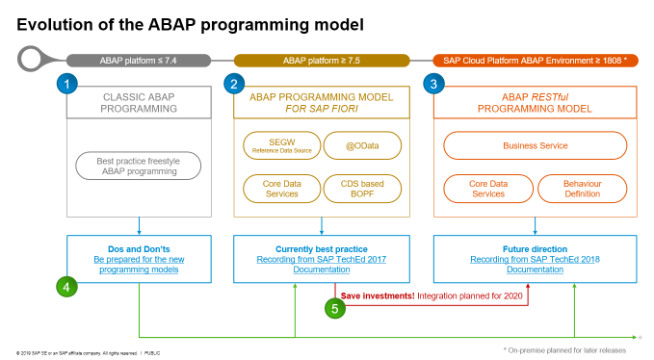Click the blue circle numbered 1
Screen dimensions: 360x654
coord(67,85)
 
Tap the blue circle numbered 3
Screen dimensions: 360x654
coord(434,85)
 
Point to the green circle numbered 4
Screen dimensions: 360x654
coord(66,286)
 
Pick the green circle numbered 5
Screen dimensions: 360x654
coord(333,309)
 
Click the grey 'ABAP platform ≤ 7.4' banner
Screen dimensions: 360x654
coord(139,60)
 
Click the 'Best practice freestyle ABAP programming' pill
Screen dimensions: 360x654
coord(139,167)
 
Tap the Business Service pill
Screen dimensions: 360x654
coord(535,146)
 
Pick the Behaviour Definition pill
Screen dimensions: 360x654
coord(582,188)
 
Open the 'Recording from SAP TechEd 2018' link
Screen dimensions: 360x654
coord(535,260)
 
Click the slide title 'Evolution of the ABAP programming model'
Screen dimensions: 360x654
coord(190,21)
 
